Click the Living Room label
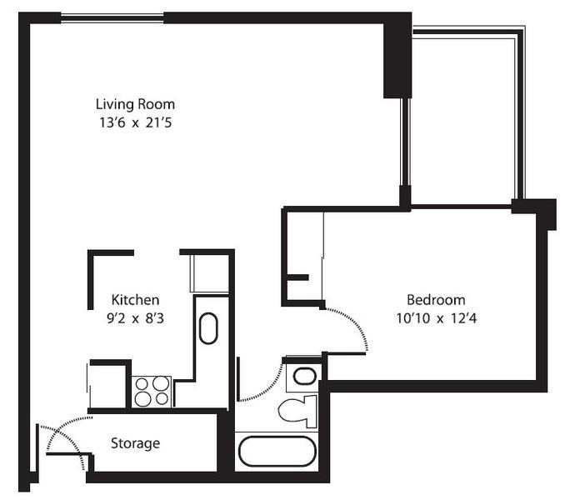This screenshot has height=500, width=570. (135, 105)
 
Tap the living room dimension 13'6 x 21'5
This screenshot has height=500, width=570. (135, 122)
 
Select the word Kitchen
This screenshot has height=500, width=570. (135, 300)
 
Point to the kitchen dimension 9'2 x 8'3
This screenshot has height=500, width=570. (135, 318)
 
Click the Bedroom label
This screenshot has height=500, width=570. (436, 300)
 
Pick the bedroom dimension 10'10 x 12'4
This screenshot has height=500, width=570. (436, 318)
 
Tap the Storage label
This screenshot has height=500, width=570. (135, 443)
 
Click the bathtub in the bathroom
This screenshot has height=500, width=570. (277, 452)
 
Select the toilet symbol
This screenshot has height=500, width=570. (297, 411)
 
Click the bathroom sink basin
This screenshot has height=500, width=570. (305, 376)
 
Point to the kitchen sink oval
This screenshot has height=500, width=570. (208, 328)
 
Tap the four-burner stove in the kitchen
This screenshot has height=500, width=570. (152, 392)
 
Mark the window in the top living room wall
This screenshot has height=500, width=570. (112, 17)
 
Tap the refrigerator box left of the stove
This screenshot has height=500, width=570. (108, 386)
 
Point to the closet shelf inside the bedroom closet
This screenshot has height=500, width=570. (297, 277)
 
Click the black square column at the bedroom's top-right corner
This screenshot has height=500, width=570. (533, 210)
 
